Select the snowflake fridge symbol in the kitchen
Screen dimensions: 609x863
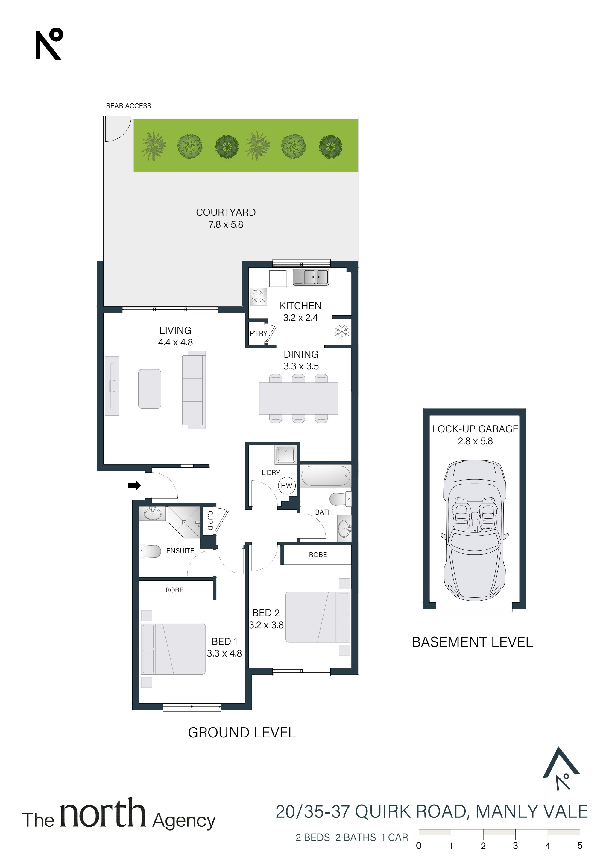(x=342, y=332)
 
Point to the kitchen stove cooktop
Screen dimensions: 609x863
(x=258, y=296)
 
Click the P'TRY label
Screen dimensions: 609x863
(x=258, y=334)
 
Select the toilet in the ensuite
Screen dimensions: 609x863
(x=150, y=551)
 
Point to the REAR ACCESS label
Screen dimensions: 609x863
(x=128, y=106)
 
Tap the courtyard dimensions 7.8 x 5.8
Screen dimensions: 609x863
(x=226, y=225)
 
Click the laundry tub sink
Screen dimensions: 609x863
(x=286, y=455)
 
